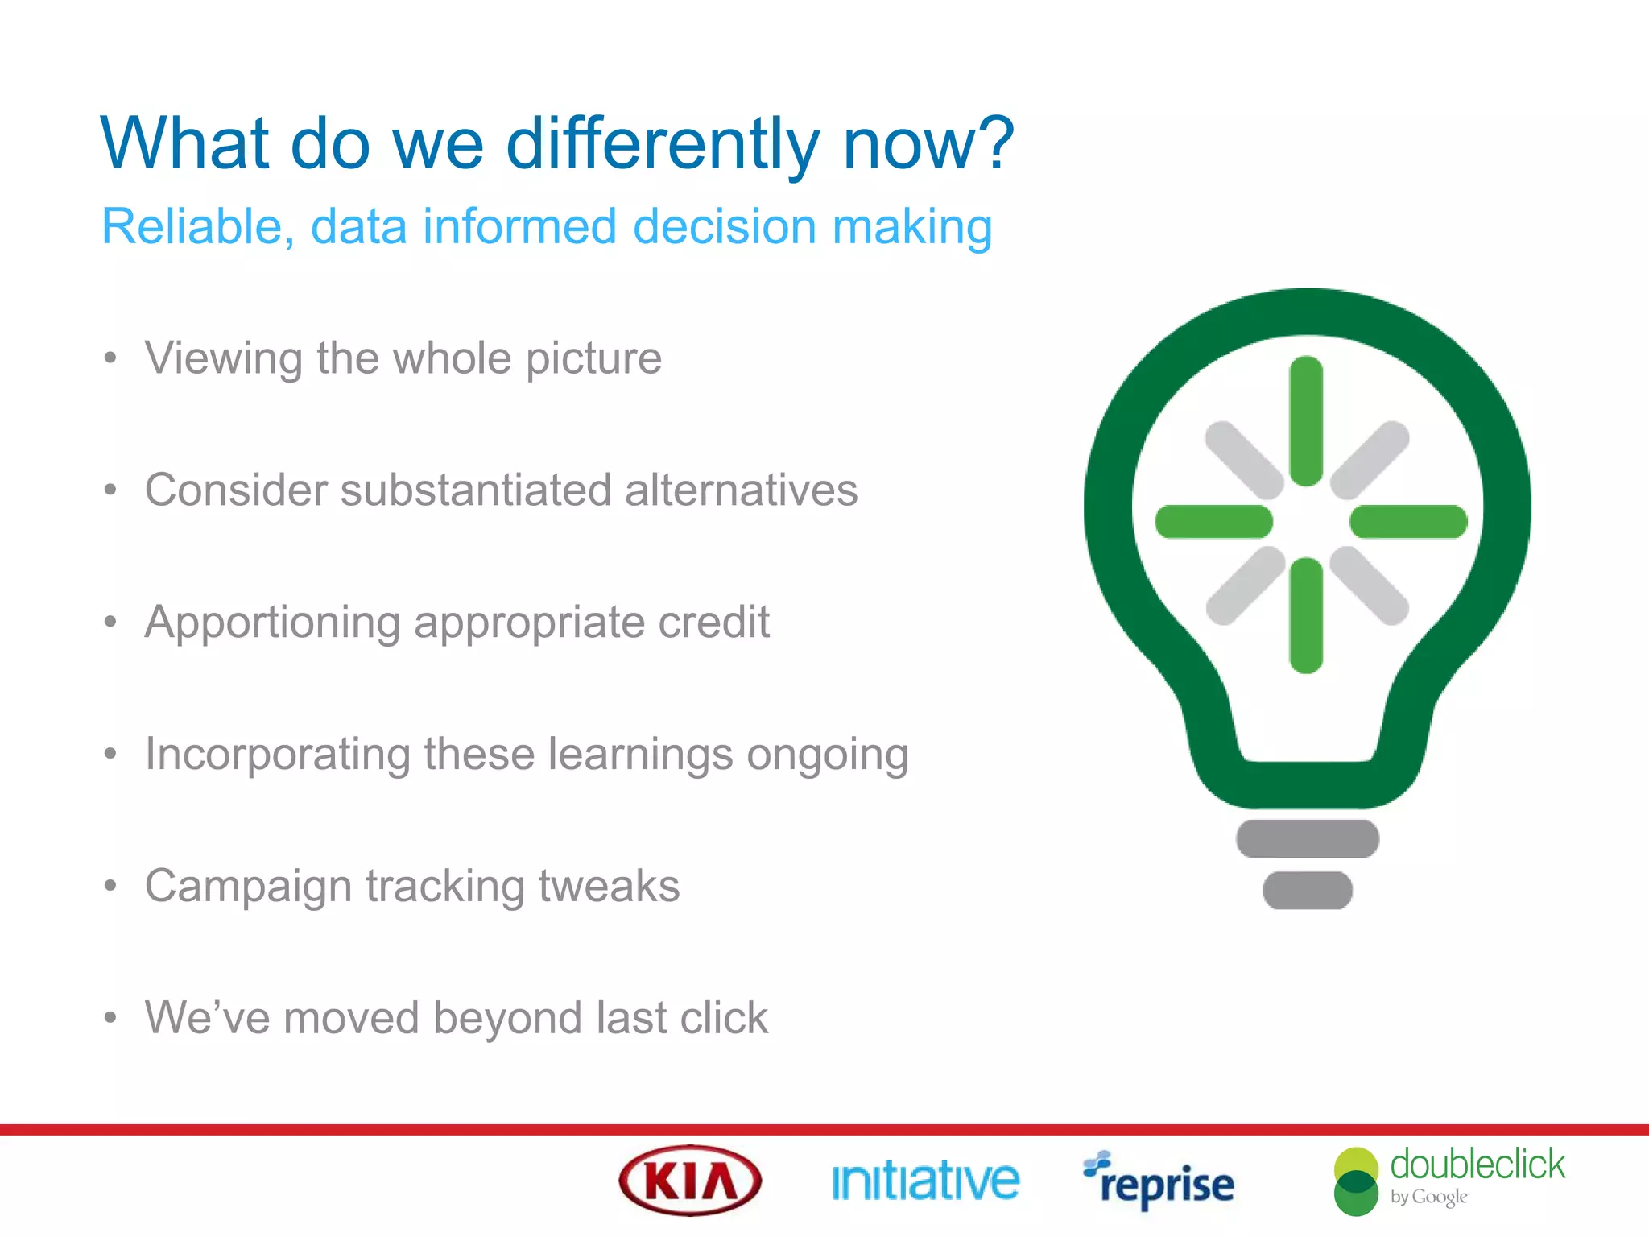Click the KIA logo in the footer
690,1181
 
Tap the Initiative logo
925,1181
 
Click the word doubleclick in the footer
1477,1165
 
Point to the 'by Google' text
1428,1198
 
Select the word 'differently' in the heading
662,145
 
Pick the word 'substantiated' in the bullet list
474,490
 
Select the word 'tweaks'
609,886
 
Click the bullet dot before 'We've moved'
110,1018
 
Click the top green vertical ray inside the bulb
1306,420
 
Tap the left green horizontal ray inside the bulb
1213,522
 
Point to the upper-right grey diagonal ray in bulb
1370,459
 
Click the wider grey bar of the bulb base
1308,838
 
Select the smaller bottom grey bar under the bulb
1308,890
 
